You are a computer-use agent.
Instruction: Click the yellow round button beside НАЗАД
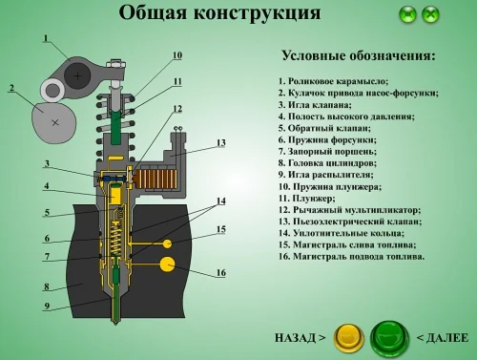[348, 338]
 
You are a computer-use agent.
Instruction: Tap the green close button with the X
[430, 14]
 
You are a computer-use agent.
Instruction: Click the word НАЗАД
[296, 338]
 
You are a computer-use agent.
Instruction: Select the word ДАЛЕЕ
[447, 338]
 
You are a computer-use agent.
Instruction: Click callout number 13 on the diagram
[221, 142]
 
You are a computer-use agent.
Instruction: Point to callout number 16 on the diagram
[221, 272]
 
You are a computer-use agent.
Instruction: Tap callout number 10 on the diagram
[177, 55]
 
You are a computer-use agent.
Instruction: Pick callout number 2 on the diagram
[11, 88]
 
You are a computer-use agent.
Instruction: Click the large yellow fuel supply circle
[167, 265]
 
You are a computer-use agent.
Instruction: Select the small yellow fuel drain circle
[167, 244]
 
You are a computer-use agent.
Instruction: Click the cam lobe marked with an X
[54, 123]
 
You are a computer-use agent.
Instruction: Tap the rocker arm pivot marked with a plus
[77, 75]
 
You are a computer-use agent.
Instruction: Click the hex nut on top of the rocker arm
[115, 64]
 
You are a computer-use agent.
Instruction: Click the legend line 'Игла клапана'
[315, 105]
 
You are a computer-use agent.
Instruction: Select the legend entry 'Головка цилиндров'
[327, 163]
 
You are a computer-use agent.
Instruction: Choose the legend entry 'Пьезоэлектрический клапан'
[350, 222]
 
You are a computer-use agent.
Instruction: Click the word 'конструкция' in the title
[258, 13]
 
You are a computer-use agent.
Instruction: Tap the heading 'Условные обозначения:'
[359, 55]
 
